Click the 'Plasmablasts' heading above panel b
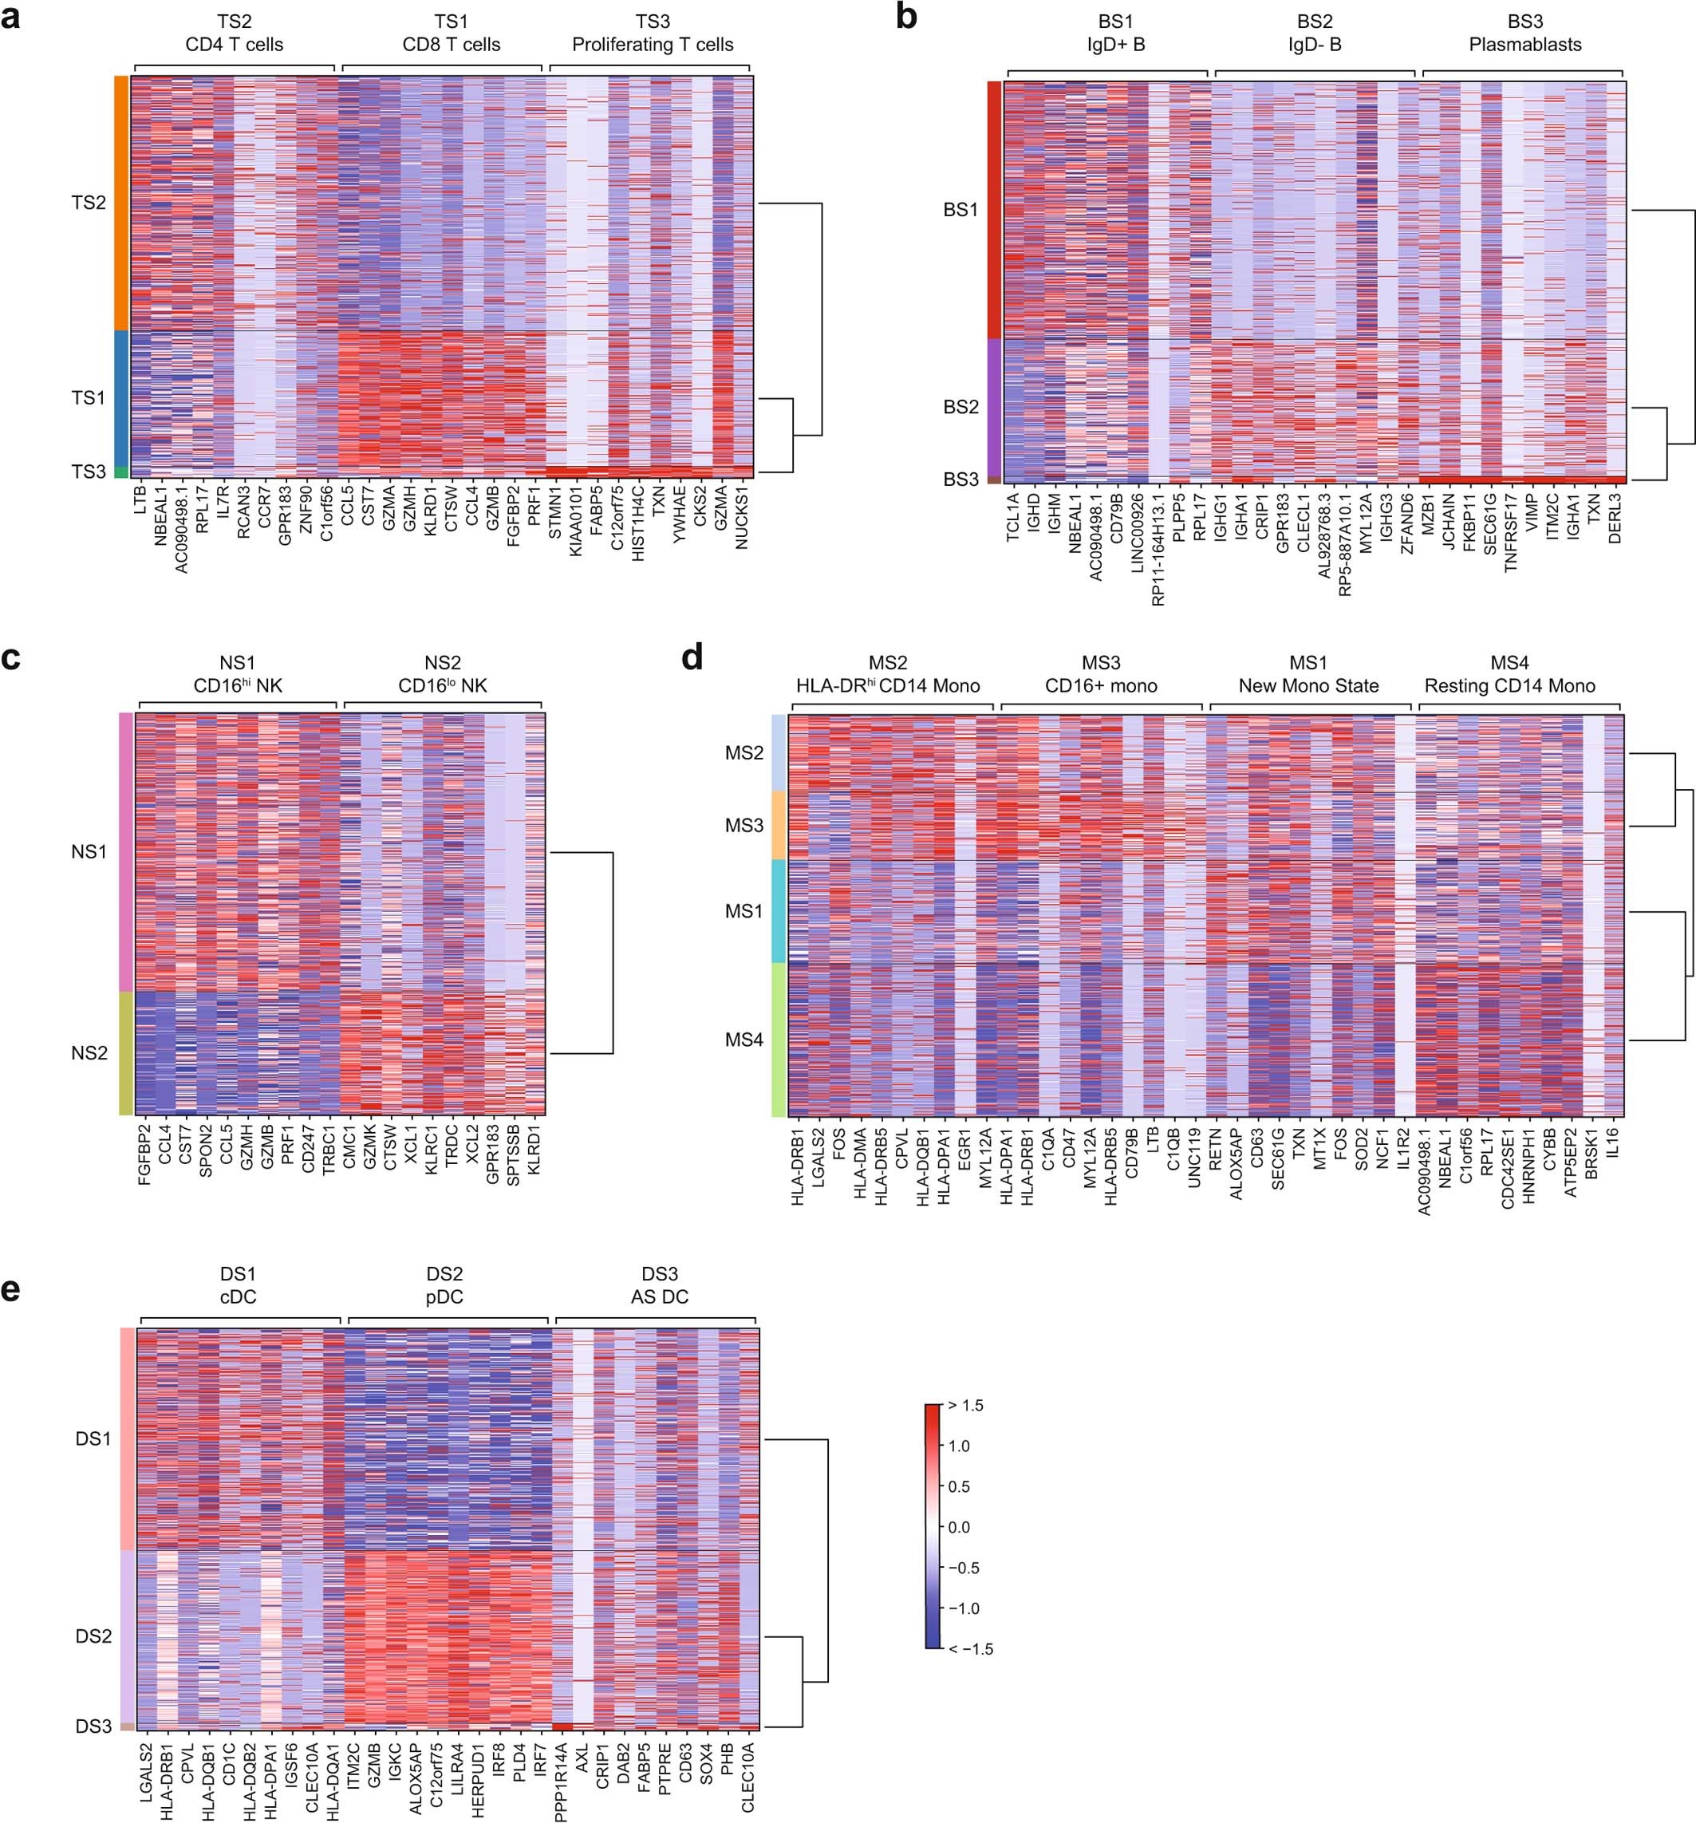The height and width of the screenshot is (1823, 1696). tap(1524, 44)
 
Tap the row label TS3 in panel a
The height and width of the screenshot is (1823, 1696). tap(89, 472)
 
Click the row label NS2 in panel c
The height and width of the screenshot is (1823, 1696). tap(89, 1053)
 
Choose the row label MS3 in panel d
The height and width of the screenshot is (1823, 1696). tap(743, 825)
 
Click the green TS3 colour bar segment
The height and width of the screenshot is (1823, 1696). tap(121, 472)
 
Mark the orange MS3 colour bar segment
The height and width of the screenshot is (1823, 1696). tap(778, 825)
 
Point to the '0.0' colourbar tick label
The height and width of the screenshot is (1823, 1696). tap(959, 1527)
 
